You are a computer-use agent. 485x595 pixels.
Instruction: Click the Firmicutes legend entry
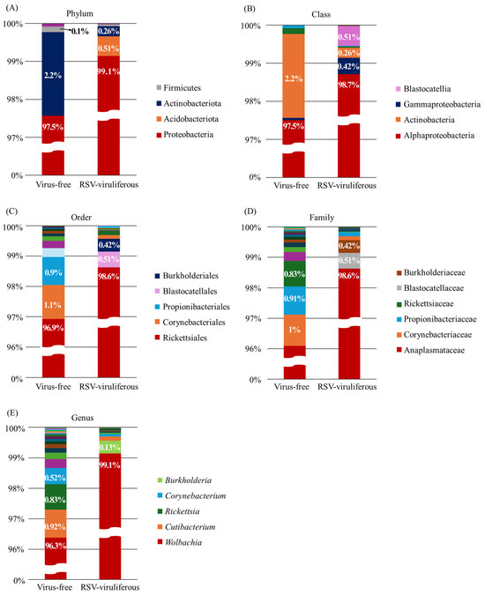[179, 87]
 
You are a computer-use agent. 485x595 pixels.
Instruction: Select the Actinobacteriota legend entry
[189, 103]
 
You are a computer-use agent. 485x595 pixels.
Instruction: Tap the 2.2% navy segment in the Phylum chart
[53, 74]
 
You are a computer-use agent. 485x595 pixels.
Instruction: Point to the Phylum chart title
[79, 13]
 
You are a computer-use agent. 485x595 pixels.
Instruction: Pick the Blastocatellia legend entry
[423, 89]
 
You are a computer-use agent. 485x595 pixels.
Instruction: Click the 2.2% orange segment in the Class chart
[294, 76]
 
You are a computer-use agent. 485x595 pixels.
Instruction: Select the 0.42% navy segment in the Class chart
[349, 66]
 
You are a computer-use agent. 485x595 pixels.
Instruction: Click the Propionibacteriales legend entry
[193, 307]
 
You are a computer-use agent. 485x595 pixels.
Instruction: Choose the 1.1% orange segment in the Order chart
[53, 301]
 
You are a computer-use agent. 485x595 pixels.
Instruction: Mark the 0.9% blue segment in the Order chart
[53, 271]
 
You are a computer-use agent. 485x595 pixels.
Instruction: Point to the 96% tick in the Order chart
[16, 347]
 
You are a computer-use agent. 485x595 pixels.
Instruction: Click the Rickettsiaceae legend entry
[425, 303]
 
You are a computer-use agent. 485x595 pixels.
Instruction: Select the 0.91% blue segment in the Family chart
[295, 301]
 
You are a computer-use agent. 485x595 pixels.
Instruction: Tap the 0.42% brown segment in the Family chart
[349, 246]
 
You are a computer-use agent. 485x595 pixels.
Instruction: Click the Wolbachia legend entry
[180, 542]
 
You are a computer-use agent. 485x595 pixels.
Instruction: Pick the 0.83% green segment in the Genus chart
[56, 497]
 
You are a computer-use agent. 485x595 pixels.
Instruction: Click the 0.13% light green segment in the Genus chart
[110, 447]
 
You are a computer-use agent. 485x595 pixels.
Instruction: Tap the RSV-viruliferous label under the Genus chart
[110, 587]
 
